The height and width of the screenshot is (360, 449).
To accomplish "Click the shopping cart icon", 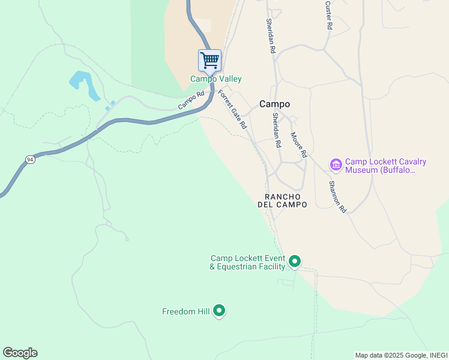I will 209,60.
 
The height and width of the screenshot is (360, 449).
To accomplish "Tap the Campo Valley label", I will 216,79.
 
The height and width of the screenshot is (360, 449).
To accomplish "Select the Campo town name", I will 274,104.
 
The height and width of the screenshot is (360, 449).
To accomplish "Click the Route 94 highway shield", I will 30,159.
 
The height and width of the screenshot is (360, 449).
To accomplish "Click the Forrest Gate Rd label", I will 232,109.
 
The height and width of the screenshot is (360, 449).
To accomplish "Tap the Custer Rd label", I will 328,15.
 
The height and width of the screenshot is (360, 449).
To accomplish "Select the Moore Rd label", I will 298,145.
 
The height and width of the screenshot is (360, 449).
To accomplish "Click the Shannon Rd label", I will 337,197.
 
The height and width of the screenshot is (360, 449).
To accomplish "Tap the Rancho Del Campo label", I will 282,200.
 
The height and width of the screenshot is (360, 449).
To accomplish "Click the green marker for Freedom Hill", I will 219,310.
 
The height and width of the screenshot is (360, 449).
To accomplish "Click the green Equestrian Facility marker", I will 294,261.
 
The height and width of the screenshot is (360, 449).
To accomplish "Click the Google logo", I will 20,353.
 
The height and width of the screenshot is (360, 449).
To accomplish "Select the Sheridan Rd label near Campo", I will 276,130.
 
